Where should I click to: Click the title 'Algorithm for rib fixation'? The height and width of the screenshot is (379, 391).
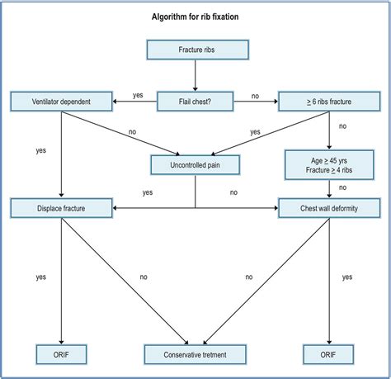point(195,17)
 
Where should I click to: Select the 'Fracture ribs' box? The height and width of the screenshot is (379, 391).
point(195,50)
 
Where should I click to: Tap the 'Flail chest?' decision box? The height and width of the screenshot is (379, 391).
point(195,102)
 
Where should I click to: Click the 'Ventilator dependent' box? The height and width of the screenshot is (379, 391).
point(61,102)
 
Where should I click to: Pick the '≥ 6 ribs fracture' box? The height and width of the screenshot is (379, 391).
point(329,102)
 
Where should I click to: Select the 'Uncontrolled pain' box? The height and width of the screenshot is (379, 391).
point(195,164)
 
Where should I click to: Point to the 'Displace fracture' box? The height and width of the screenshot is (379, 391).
point(61,207)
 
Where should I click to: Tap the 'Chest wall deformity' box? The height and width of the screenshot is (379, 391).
point(329,207)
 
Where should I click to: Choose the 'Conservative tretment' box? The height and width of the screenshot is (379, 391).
point(195,355)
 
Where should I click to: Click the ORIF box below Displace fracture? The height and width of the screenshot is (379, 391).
point(61,355)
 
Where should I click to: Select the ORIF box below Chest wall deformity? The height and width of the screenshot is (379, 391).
point(329,355)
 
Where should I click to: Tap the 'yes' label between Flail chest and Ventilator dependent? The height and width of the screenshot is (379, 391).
point(138,95)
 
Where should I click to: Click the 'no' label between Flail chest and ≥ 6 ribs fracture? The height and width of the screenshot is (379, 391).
point(255,96)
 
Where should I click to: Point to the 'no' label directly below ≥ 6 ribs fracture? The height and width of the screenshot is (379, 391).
point(342,127)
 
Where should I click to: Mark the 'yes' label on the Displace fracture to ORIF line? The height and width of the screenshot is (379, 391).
point(40,277)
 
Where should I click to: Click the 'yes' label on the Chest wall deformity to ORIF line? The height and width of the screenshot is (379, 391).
point(346,277)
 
